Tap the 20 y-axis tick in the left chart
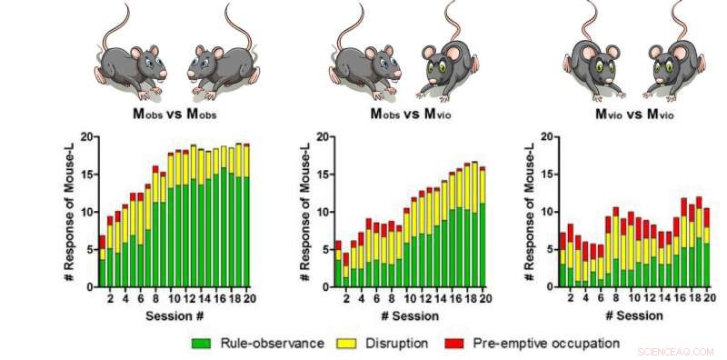(x=86, y=136)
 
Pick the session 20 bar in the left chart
(x=245, y=215)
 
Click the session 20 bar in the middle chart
(x=482, y=227)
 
